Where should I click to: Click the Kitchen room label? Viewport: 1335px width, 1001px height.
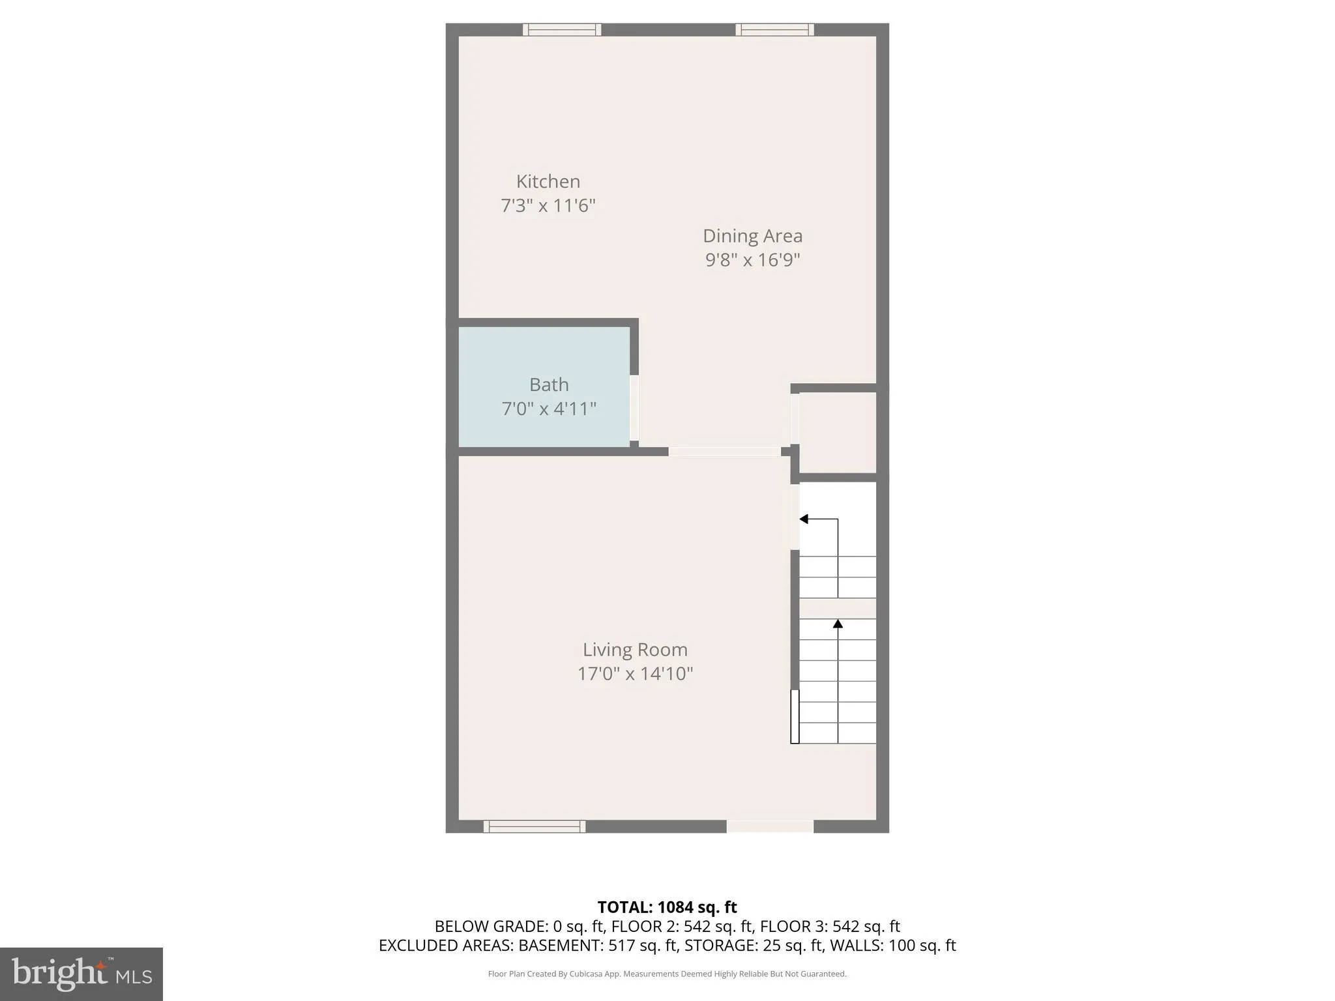coord(548,181)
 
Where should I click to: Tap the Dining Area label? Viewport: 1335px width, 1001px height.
coord(752,236)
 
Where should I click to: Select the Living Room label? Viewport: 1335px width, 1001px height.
coord(635,650)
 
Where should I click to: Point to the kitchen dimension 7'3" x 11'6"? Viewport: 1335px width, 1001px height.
coord(548,206)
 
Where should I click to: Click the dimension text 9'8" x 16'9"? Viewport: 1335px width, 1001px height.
coord(752,260)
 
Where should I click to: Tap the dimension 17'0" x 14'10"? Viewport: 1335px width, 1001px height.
coord(635,674)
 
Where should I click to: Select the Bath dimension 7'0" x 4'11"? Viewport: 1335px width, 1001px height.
coord(549,409)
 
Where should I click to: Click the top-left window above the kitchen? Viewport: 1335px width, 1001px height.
coord(562,29)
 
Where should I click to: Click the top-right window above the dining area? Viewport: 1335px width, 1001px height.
coord(775,29)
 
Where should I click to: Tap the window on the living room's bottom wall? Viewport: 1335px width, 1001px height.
coord(535,826)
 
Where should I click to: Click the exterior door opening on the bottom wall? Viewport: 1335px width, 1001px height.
coord(770,826)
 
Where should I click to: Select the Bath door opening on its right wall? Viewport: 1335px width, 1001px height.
coord(634,408)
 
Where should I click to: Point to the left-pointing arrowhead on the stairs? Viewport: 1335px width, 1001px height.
coord(804,519)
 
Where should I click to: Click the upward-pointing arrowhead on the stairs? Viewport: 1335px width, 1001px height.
coord(838,624)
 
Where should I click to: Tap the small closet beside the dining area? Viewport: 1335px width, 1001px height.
coord(838,433)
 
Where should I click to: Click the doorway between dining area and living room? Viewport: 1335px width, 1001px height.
coord(724,452)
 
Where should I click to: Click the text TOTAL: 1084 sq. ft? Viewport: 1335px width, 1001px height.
coord(667,907)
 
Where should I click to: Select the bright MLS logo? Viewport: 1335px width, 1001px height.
coord(81,974)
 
